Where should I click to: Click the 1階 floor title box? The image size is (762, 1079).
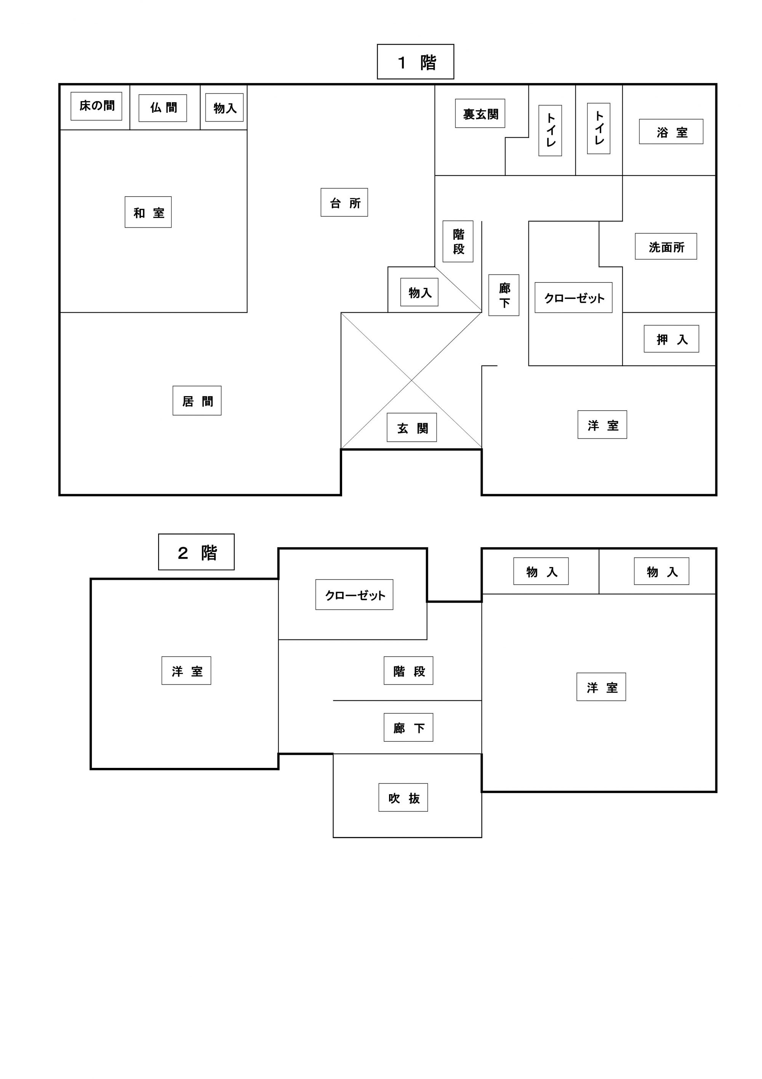click(416, 61)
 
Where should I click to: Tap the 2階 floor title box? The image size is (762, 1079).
click(196, 552)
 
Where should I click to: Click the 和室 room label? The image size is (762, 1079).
click(148, 212)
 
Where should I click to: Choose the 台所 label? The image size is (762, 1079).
click(344, 202)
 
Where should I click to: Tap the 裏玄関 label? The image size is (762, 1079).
click(480, 113)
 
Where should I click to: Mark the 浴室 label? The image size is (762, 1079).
click(671, 132)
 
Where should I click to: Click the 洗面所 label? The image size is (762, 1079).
click(666, 246)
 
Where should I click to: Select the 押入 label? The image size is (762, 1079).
click(671, 339)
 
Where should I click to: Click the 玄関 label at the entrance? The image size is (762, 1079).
click(412, 427)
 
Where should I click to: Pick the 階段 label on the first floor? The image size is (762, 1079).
click(458, 241)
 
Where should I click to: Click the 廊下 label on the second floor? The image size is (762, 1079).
click(408, 727)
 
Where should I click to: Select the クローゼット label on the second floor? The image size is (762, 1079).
click(354, 594)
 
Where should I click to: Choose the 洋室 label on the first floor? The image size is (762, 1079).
click(602, 424)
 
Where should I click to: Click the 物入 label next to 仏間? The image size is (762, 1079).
click(224, 108)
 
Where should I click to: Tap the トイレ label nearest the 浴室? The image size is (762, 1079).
click(599, 128)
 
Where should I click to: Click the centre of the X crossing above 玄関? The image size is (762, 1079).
click(411, 380)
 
